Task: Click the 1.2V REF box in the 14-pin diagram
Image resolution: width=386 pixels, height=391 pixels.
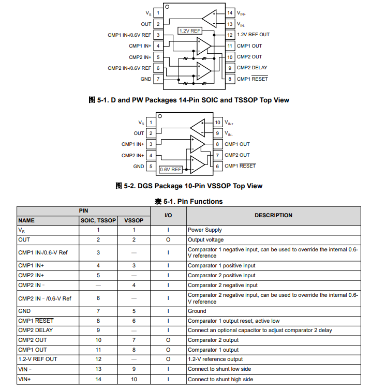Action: [x=189, y=31]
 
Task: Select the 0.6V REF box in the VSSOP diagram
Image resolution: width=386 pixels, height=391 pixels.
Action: [x=171, y=169]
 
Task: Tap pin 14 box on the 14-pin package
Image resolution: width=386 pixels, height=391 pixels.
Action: [x=230, y=12]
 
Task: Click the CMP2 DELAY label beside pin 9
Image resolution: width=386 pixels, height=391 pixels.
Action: [x=252, y=68]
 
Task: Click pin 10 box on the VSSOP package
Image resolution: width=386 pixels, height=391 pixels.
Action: [x=218, y=123]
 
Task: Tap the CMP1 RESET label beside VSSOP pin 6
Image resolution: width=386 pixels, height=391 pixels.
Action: [x=240, y=166]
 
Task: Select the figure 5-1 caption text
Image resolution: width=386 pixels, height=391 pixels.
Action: [x=189, y=100]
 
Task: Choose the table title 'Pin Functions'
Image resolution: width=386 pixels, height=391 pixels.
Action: [x=189, y=201]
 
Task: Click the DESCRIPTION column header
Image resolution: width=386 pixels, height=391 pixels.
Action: [x=273, y=215]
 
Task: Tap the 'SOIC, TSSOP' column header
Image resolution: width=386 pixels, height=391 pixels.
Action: [x=98, y=220]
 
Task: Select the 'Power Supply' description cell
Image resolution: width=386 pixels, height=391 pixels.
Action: [x=205, y=230]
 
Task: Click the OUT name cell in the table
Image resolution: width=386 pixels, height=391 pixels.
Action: [x=24, y=239]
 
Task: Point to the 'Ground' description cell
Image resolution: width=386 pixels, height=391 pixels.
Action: [x=197, y=311]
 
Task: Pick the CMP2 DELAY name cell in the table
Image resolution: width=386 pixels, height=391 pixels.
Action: [x=36, y=330]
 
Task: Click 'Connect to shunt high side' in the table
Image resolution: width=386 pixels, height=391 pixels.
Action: [x=220, y=379]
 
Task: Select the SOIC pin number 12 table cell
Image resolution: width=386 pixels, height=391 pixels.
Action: [x=98, y=359]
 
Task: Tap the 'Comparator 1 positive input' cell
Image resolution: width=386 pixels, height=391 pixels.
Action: [x=221, y=266]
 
